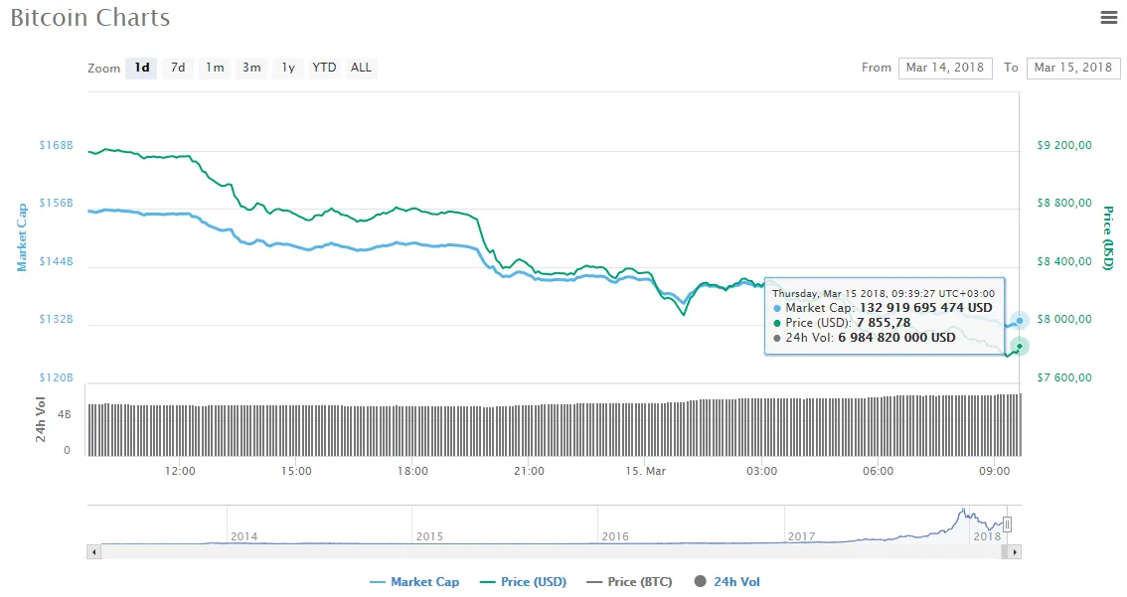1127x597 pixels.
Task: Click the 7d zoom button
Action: coord(178,68)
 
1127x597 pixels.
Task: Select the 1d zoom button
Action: coord(142,68)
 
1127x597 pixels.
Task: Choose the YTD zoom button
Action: coord(324,68)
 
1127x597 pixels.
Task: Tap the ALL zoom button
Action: coord(361,68)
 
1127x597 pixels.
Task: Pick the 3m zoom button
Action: coord(251,68)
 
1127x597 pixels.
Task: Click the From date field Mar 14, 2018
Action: coord(945,68)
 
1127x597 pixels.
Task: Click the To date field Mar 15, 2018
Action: coord(1072,68)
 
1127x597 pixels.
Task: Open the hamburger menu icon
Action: coord(1109,17)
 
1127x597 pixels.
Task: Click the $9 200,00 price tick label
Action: coord(1064,145)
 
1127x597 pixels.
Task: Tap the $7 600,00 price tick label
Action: coord(1064,376)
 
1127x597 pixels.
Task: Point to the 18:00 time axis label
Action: coord(412,471)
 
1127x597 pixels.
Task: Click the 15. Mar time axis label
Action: coord(646,471)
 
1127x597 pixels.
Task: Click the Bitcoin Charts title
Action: coord(90,18)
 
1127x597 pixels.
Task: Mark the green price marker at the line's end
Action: coord(1020,347)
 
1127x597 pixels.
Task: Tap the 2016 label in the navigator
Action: coord(615,536)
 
